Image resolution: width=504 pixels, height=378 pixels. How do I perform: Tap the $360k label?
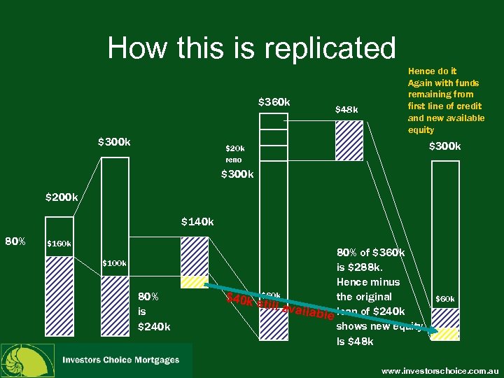point(274,102)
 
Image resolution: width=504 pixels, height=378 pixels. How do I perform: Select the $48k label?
point(346,109)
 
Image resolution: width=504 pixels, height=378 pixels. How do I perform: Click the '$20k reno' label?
point(234,154)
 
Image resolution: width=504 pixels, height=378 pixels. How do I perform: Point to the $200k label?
point(62,197)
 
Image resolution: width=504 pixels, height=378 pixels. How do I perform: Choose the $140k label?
point(197,222)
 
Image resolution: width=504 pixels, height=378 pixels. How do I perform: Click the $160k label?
point(58,244)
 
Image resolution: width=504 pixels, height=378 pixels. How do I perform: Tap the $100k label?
point(114,264)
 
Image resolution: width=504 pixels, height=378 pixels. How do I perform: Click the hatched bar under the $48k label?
point(349,140)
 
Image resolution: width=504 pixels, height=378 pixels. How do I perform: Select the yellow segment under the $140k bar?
point(195,283)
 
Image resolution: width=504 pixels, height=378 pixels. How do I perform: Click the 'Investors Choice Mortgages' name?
point(120,360)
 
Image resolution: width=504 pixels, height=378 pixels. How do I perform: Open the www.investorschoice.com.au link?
point(439,368)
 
